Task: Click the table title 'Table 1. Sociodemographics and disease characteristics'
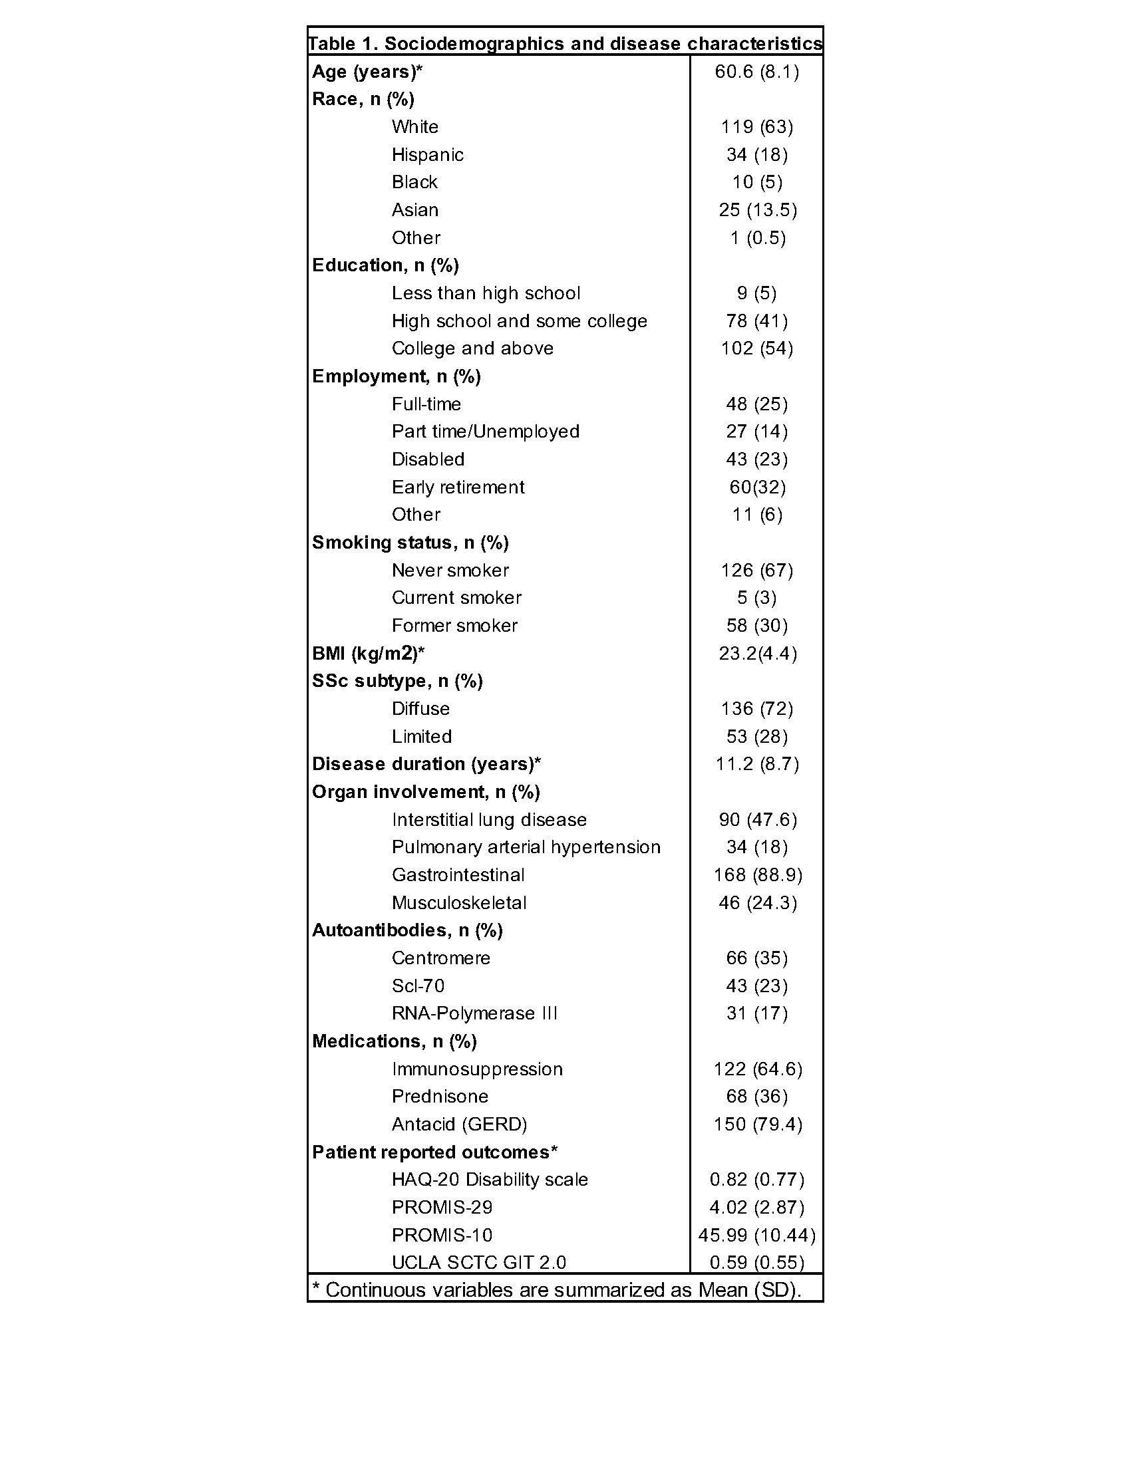point(565,44)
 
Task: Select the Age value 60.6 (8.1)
point(756,72)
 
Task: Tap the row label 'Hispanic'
point(428,155)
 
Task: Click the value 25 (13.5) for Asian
point(757,210)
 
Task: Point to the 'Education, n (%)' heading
point(385,265)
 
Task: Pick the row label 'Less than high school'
point(486,293)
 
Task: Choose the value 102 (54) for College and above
point(756,348)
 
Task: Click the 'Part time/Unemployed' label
point(485,432)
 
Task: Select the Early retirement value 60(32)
point(757,487)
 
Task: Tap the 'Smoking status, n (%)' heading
point(410,543)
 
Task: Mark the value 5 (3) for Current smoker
point(756,598)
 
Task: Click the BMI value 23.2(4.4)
point(757,653)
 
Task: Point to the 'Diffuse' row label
point(420,709)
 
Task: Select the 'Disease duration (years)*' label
point(426,764)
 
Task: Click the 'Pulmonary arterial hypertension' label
point(526,847)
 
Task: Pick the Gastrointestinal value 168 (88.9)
point(757,875)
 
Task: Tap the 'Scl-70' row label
point(418,986)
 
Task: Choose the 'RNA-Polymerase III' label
point(474,1013)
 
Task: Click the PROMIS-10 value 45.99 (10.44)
point(756,1236)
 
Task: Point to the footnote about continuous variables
point(557,1290)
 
